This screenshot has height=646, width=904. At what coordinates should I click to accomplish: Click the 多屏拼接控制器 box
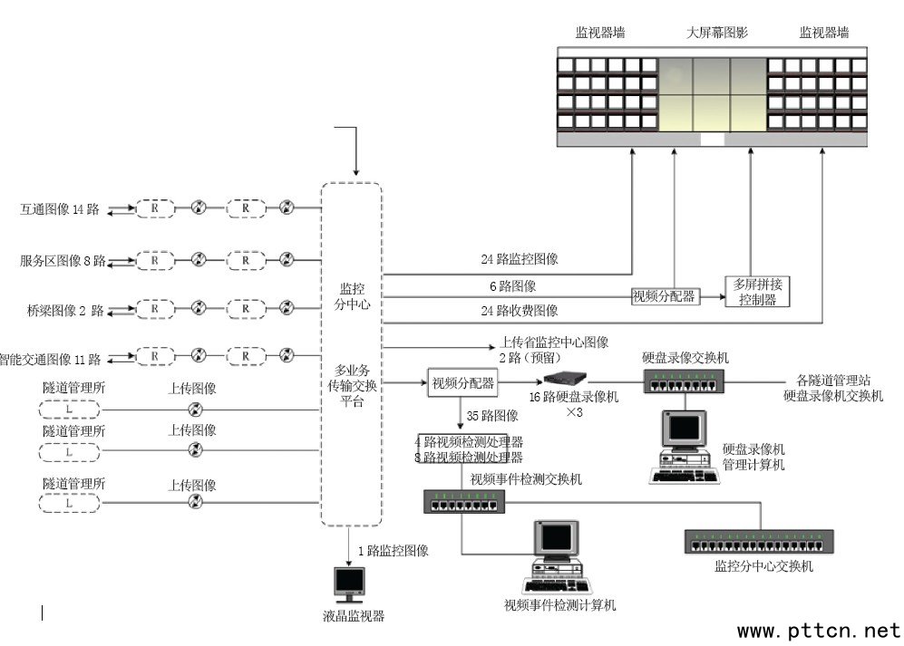click(757, 291)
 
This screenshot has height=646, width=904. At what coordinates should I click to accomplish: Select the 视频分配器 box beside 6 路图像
click(664, 295)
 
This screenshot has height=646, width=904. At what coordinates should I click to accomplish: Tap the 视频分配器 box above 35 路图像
click(462, 383)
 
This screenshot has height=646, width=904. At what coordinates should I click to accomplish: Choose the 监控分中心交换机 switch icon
click(759, 542)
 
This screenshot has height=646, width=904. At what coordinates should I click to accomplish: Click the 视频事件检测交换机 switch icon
click(462, 501)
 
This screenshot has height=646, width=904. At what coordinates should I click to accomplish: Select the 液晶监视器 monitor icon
click(349, 585)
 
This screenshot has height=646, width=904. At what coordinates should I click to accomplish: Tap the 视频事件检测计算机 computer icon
click(557, 555)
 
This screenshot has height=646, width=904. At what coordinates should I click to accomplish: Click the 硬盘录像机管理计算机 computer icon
click(685, 447)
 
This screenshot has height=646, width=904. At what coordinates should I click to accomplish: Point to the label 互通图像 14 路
click(59, 209)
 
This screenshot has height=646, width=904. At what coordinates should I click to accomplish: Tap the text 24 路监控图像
click(520, 259)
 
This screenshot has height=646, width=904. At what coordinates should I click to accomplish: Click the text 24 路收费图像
click(520, 311)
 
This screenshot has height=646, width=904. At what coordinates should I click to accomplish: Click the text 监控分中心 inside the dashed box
click(352, 296)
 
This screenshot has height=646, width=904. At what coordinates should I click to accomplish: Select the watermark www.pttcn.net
click(819, 630)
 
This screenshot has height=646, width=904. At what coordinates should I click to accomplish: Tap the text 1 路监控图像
click(393, 550)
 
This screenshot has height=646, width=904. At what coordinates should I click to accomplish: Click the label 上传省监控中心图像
click(554, 342)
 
